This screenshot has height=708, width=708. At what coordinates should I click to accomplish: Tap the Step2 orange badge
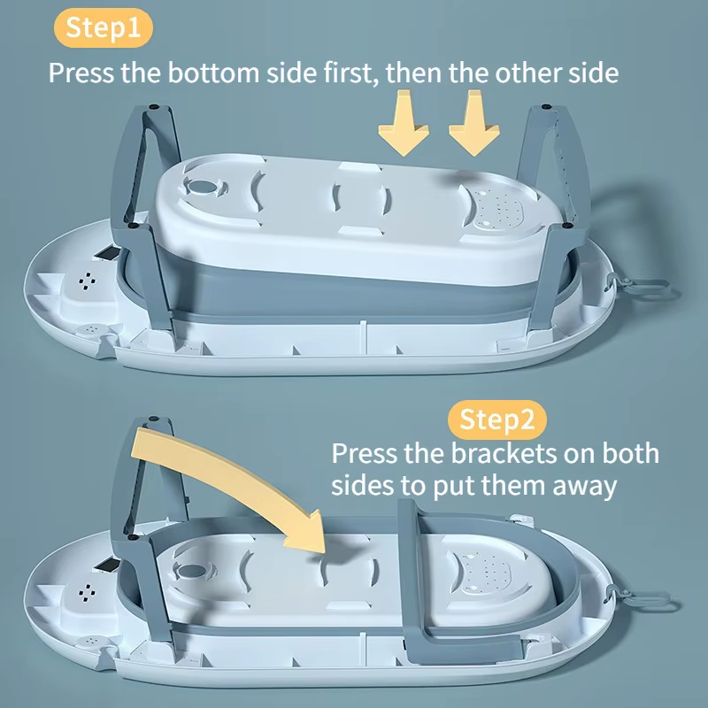[496, 419]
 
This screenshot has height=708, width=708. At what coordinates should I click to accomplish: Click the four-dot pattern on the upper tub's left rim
[87, 281]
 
